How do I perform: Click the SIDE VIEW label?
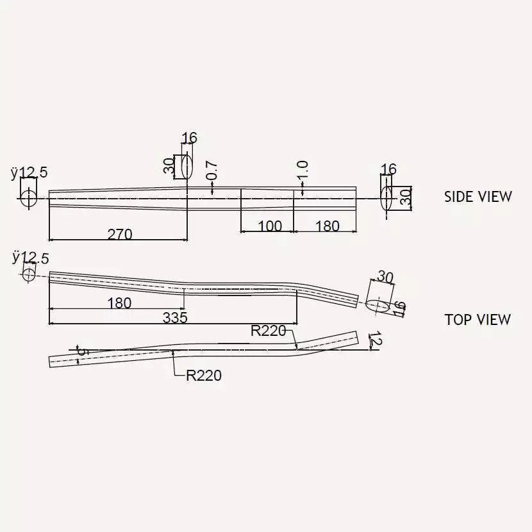478,197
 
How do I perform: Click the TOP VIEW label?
478,320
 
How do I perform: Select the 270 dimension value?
120,235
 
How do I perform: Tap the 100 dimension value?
270,226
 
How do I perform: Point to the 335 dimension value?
175,318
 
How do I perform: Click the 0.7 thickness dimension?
212,170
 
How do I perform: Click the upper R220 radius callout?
269,331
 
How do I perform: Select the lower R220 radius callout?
204,376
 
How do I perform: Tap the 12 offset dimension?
376,339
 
